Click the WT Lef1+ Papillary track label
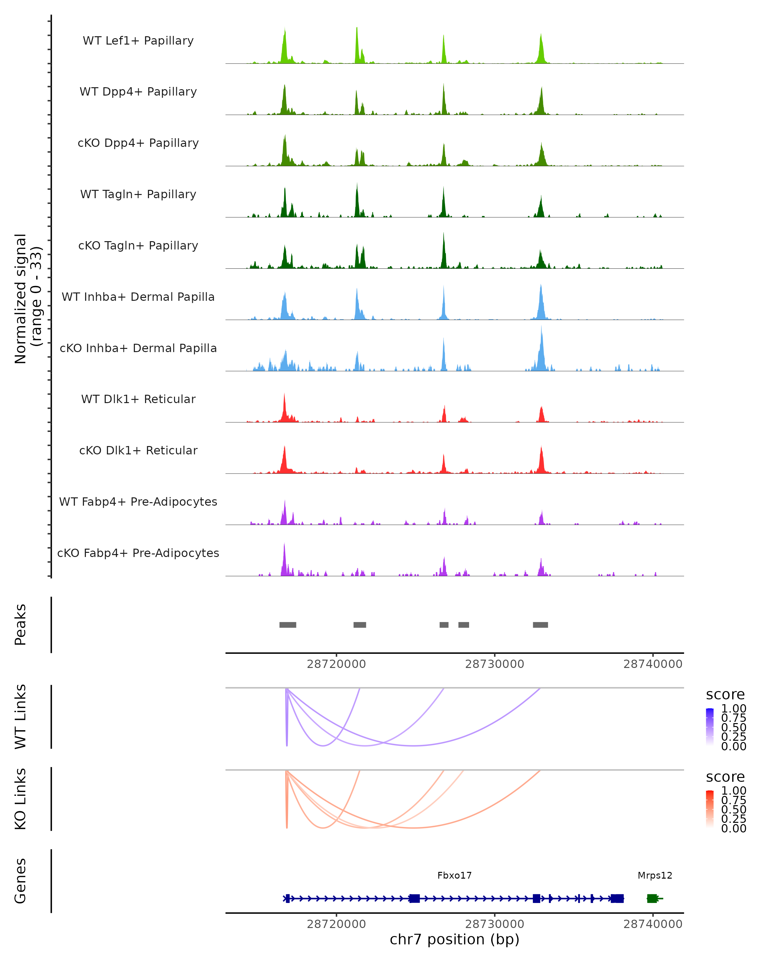[x=138, y=41]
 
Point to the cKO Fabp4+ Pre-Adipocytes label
[x=138, y=553]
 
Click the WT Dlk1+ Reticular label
[x=138, y=399]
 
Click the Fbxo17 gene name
[x=454, y=875]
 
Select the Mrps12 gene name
[x=654, y=875]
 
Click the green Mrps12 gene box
[x=652, y=898]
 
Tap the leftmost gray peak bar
[x=287, y=625]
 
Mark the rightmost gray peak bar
[x=540, y=625]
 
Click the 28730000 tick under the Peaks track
[x=494, y=664]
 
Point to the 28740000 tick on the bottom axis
[x=653, y=924]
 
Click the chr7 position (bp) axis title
[x=454, y=939]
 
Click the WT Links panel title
[x=21, y=717]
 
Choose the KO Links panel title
[x=21, y=799]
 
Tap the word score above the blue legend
[x=725, y=695]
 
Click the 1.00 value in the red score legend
[x=733, y=791]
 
